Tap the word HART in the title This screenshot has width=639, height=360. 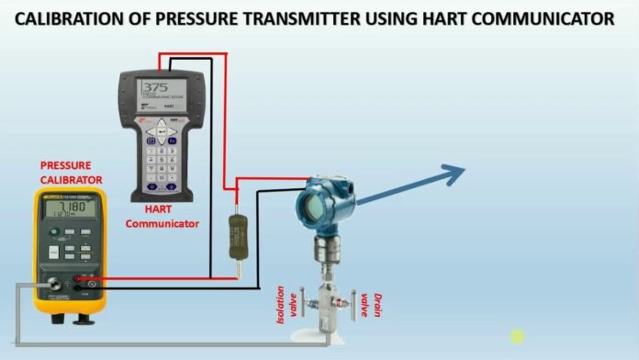[x=455, y=19]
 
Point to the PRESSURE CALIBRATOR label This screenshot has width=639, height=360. [x=71, y=173]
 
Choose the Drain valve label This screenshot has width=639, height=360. [x=369, y=300]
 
